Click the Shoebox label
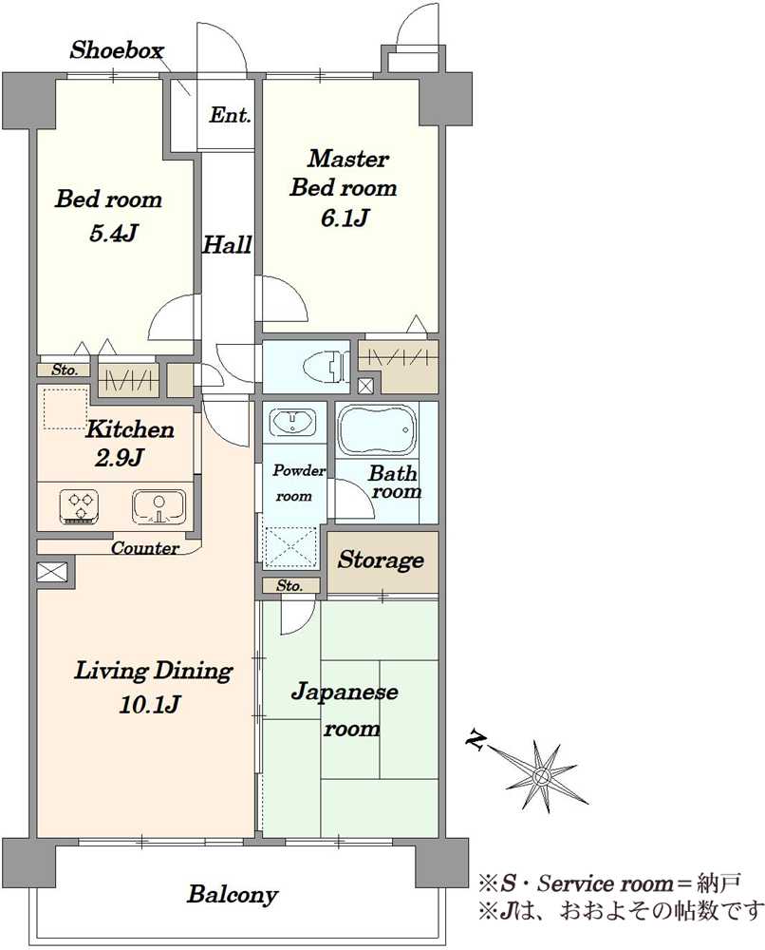tap(118, 50)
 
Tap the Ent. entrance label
tap(231, 116)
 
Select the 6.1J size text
tap(344, 218)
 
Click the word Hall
tap(228, 245)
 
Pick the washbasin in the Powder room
tap(292, 420)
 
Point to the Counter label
tap(144, 548)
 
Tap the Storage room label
tap(381, 560)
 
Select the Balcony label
tap(233, 894)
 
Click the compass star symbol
tap(542, 775)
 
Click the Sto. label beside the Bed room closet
tap(64, 370)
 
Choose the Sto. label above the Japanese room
tap(289, 586)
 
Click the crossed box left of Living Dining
tap(52, 573)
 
